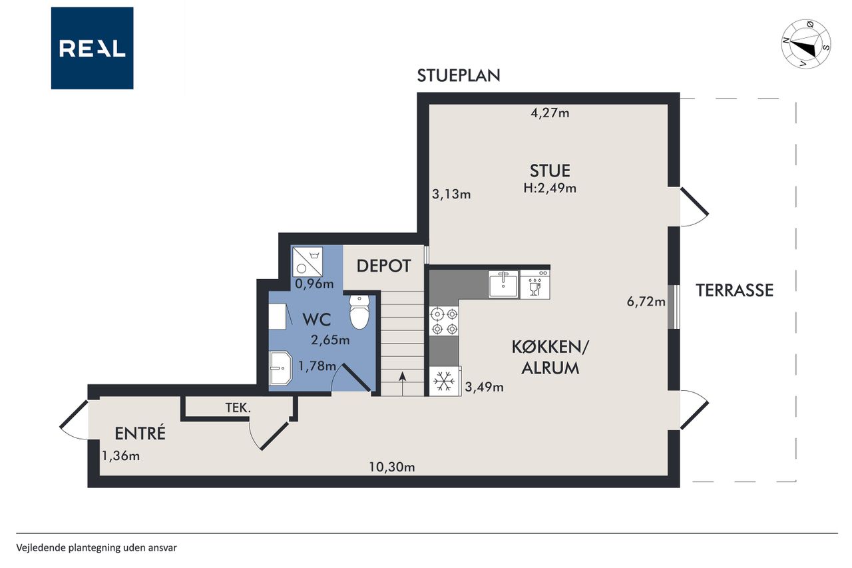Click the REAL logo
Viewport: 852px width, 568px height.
92,49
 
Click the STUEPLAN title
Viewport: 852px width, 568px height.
459,76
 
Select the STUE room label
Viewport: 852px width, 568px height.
550,171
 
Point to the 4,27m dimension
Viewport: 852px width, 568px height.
550,113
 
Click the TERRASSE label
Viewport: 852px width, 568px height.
734,290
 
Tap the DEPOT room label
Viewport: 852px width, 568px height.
384,266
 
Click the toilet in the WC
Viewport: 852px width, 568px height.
359,312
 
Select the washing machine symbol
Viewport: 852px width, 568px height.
308,262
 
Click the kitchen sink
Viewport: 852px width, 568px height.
503,284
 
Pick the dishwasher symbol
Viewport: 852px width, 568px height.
534,284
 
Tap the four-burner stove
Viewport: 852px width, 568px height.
444,321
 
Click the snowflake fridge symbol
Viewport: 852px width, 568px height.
444,381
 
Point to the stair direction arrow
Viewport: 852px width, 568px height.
403,382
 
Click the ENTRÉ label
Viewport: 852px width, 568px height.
140,433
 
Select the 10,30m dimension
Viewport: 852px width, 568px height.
392,467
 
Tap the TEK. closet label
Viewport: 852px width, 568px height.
238,408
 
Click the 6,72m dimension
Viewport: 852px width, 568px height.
646,302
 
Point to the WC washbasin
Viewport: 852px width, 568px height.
281,368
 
